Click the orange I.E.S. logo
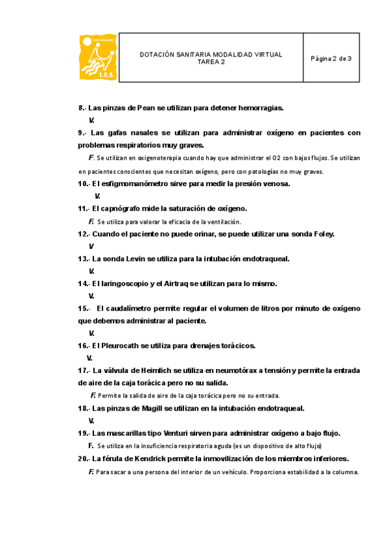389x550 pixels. tap(99, 58)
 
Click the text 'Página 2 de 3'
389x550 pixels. tap(331, 58)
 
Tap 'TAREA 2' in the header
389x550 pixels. tap(211, 62)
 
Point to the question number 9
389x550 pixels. tap(81, 132)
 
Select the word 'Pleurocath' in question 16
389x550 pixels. tap(121, 345)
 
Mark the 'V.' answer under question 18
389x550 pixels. tap(91, 420)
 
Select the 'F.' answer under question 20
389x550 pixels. tap(91, 472)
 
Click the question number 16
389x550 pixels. tap(83, 345)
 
